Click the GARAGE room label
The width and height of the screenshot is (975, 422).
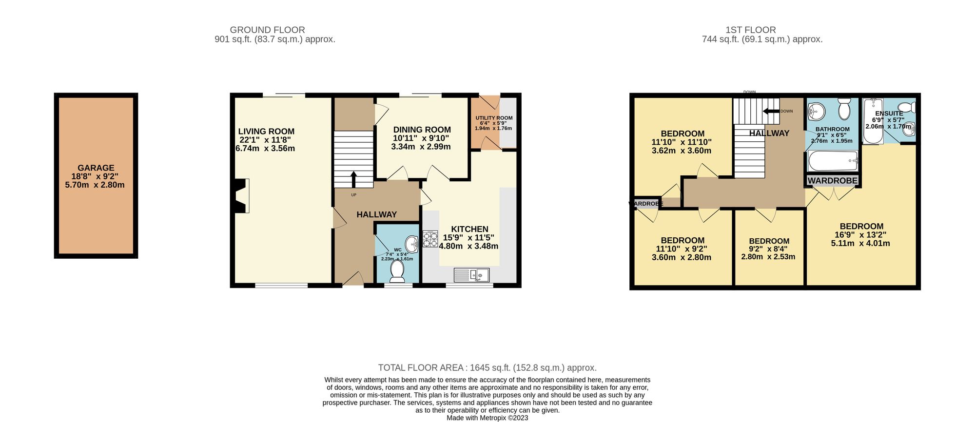coord(96,168)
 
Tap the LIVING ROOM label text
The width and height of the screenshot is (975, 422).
coord(266,132)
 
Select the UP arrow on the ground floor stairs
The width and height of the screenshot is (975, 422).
coord(353,178)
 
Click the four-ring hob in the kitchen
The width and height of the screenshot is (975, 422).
coord(430,239)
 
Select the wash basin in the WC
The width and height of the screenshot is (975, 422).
coord(412,244)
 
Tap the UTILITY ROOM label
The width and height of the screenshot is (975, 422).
coord(494,118)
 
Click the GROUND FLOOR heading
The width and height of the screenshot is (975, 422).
coord(267,30)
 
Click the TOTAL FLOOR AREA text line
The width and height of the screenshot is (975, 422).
coord(487,368)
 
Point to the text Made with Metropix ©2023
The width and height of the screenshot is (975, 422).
coord(487,418)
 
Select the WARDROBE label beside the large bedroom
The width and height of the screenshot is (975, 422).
coord(832,181)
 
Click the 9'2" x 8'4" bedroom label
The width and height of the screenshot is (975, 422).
coord(769,241)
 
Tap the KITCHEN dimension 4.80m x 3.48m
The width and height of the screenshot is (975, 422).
coord(468,246)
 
